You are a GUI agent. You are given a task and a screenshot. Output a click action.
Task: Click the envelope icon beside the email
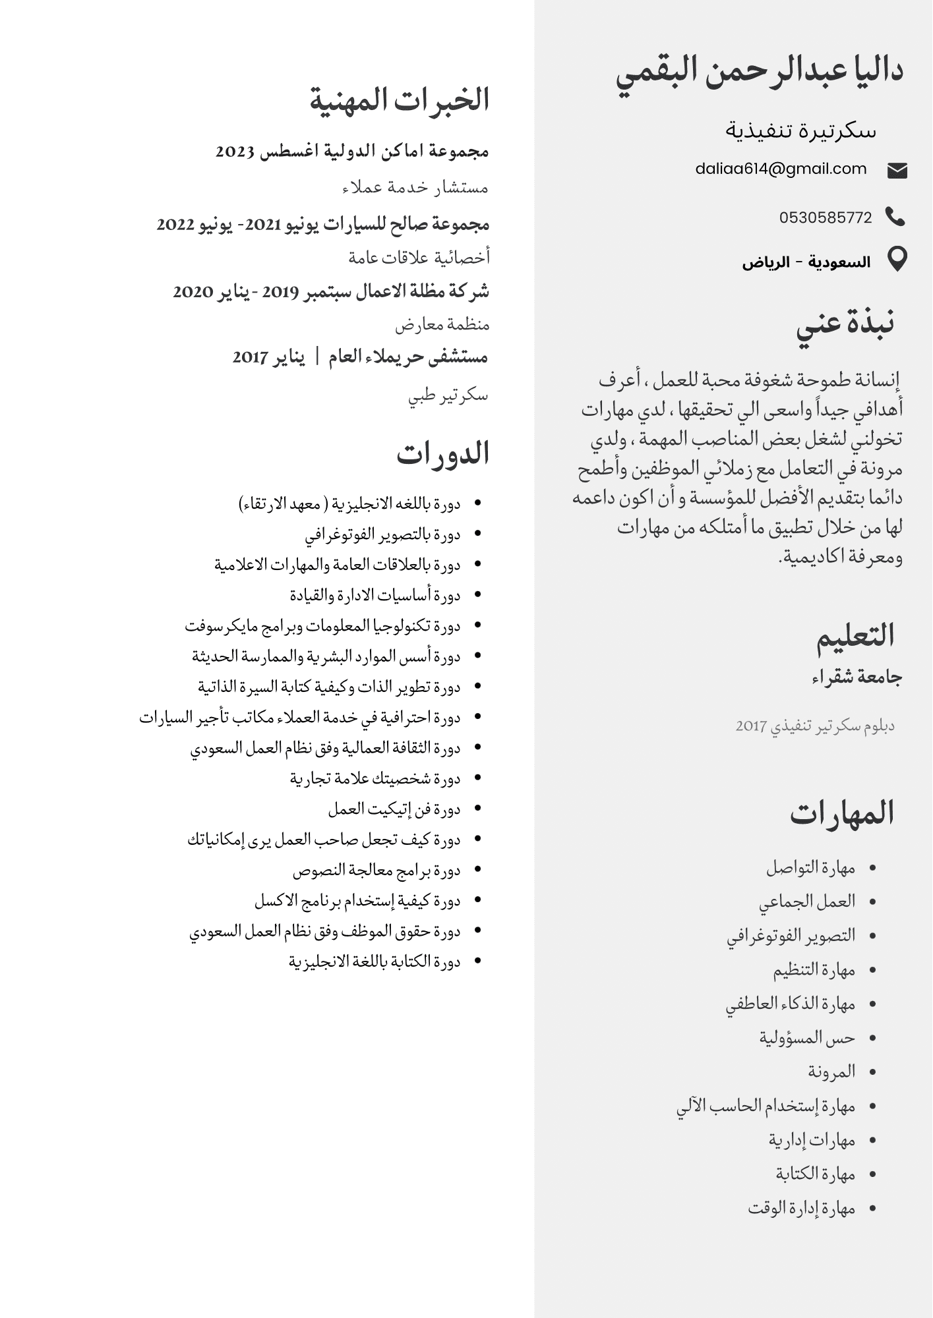(x=897, y=171)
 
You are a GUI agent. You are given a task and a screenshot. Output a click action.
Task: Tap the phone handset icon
(x=895, y=217)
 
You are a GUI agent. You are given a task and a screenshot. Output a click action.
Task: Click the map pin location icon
(x=897, y=259)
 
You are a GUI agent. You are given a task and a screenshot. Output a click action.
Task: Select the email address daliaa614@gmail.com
(x=781, y=169)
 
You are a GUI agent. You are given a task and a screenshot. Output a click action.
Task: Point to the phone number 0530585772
(x=826, y=217)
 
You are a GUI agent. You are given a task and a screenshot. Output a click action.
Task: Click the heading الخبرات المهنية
(x=400, y=100)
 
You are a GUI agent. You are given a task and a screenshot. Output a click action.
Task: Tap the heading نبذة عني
(x=845, y=324)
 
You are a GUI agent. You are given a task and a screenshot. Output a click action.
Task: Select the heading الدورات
(x=442, y=454)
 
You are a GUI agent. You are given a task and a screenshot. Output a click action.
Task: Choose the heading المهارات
(x=842, y=813)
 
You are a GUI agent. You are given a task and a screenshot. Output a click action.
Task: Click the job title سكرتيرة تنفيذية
(x=801, y=130)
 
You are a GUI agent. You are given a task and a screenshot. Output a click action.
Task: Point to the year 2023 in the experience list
(x=235, y=152)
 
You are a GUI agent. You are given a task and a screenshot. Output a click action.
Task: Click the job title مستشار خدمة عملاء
(x=415, y=188)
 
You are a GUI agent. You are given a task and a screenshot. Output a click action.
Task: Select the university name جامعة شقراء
(x=857, y=677)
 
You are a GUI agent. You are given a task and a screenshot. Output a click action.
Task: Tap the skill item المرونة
(x=831, y=1072)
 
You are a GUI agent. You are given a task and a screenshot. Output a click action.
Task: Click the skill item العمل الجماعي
(x=807, y=902)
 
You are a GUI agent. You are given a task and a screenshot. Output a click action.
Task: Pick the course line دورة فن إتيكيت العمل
(x=394, y=809)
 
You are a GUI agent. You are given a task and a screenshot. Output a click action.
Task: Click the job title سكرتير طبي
(x=448, y=395)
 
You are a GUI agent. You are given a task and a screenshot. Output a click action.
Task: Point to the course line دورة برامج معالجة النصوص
(x=376, y=871)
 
